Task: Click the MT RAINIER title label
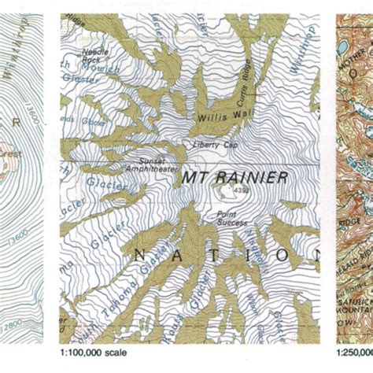(235, 178)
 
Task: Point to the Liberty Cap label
(209, 145)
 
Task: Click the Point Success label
(227, 216)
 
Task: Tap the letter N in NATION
(141, 253)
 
